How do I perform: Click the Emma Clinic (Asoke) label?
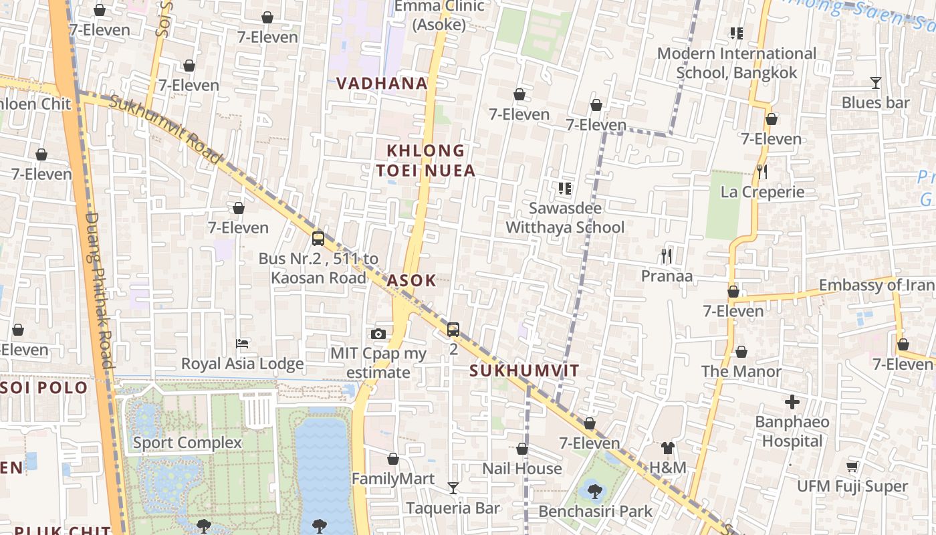439,15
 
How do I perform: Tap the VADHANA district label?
382,84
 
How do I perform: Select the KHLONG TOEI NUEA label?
426,160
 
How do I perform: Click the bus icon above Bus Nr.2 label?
318,238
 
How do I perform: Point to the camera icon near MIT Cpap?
378,334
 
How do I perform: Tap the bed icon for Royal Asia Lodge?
243,344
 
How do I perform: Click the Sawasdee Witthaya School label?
565,217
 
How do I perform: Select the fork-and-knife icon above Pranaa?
666,255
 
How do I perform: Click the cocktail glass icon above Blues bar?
875,83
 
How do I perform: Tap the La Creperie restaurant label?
762,192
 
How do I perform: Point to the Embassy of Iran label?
876,285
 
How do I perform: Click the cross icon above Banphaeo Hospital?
792,402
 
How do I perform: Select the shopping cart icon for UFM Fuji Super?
852,466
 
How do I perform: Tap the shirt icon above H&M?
667,448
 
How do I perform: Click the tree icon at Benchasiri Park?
594,492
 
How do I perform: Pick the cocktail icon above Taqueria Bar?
453,488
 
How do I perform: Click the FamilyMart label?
393,479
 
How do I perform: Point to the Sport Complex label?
187,443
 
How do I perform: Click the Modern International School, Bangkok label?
737,63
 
